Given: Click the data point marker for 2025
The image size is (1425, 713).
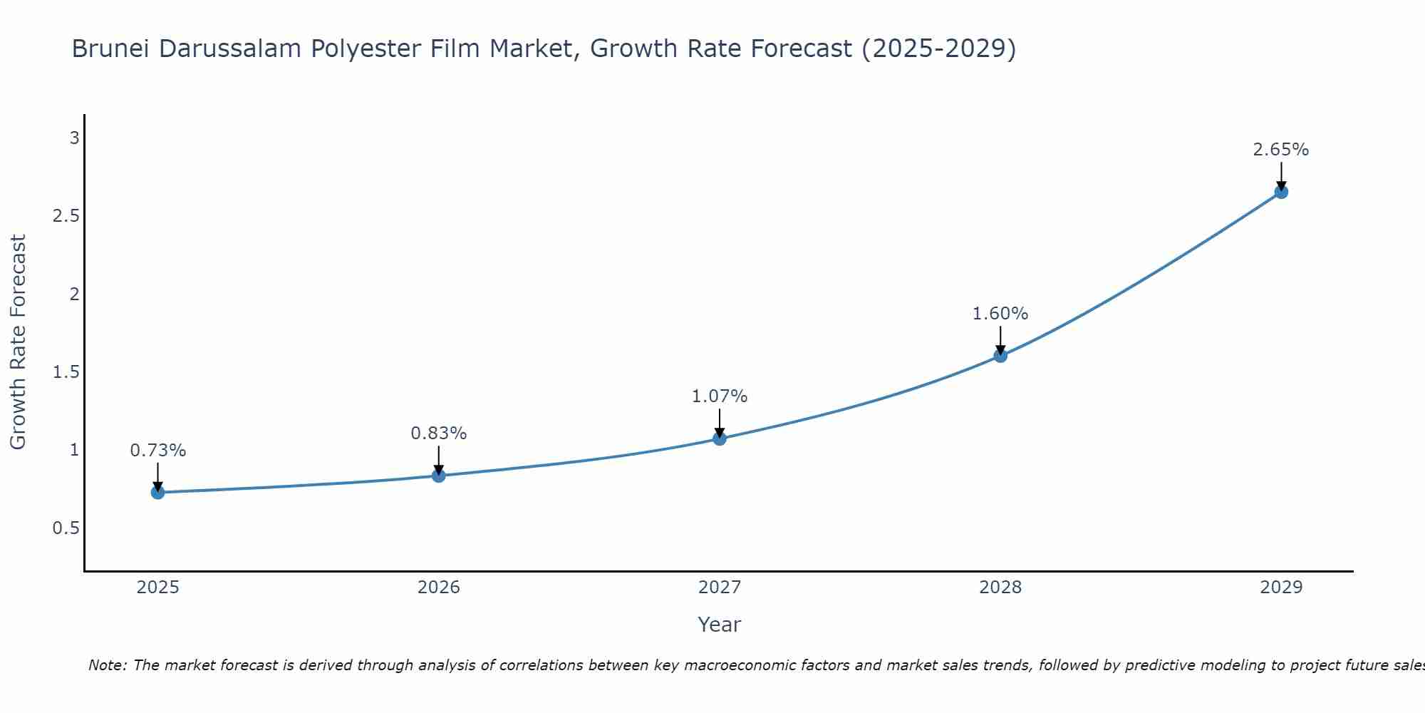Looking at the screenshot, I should pos(158,492).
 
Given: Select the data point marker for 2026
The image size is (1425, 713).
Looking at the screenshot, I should pos(439,476).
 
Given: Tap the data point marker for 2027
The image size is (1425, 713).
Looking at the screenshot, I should pos(720,438).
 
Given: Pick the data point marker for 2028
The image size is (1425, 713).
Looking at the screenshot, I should pos(1000,355).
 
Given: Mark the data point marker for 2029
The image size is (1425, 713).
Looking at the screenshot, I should pos(1281,192).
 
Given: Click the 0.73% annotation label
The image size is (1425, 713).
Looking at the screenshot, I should pos(158,451).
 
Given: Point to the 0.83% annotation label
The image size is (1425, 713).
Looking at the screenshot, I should pos(439,434).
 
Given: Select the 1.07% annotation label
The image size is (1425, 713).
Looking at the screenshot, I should pos(720,396).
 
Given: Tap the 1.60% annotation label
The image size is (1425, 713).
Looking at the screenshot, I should pos(1000,314).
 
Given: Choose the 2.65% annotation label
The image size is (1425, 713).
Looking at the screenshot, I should pos(1281,150).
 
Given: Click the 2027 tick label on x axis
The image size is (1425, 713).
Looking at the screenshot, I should pos(720,588).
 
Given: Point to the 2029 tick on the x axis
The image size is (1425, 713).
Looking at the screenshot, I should pos(1281,588).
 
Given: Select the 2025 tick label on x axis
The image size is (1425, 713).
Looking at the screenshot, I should pos(158,588).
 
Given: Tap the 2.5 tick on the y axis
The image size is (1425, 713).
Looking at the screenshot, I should pos(66,216).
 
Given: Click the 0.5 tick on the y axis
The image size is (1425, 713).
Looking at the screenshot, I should pos(66,528).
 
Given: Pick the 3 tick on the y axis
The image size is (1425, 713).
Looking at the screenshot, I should pos(74,138).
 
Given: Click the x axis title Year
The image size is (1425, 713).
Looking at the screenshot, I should pos(720,625).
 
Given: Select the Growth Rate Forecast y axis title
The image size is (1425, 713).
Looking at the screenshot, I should pos(19,342).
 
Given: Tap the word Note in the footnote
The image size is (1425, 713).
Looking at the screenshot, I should pos(107,665).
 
